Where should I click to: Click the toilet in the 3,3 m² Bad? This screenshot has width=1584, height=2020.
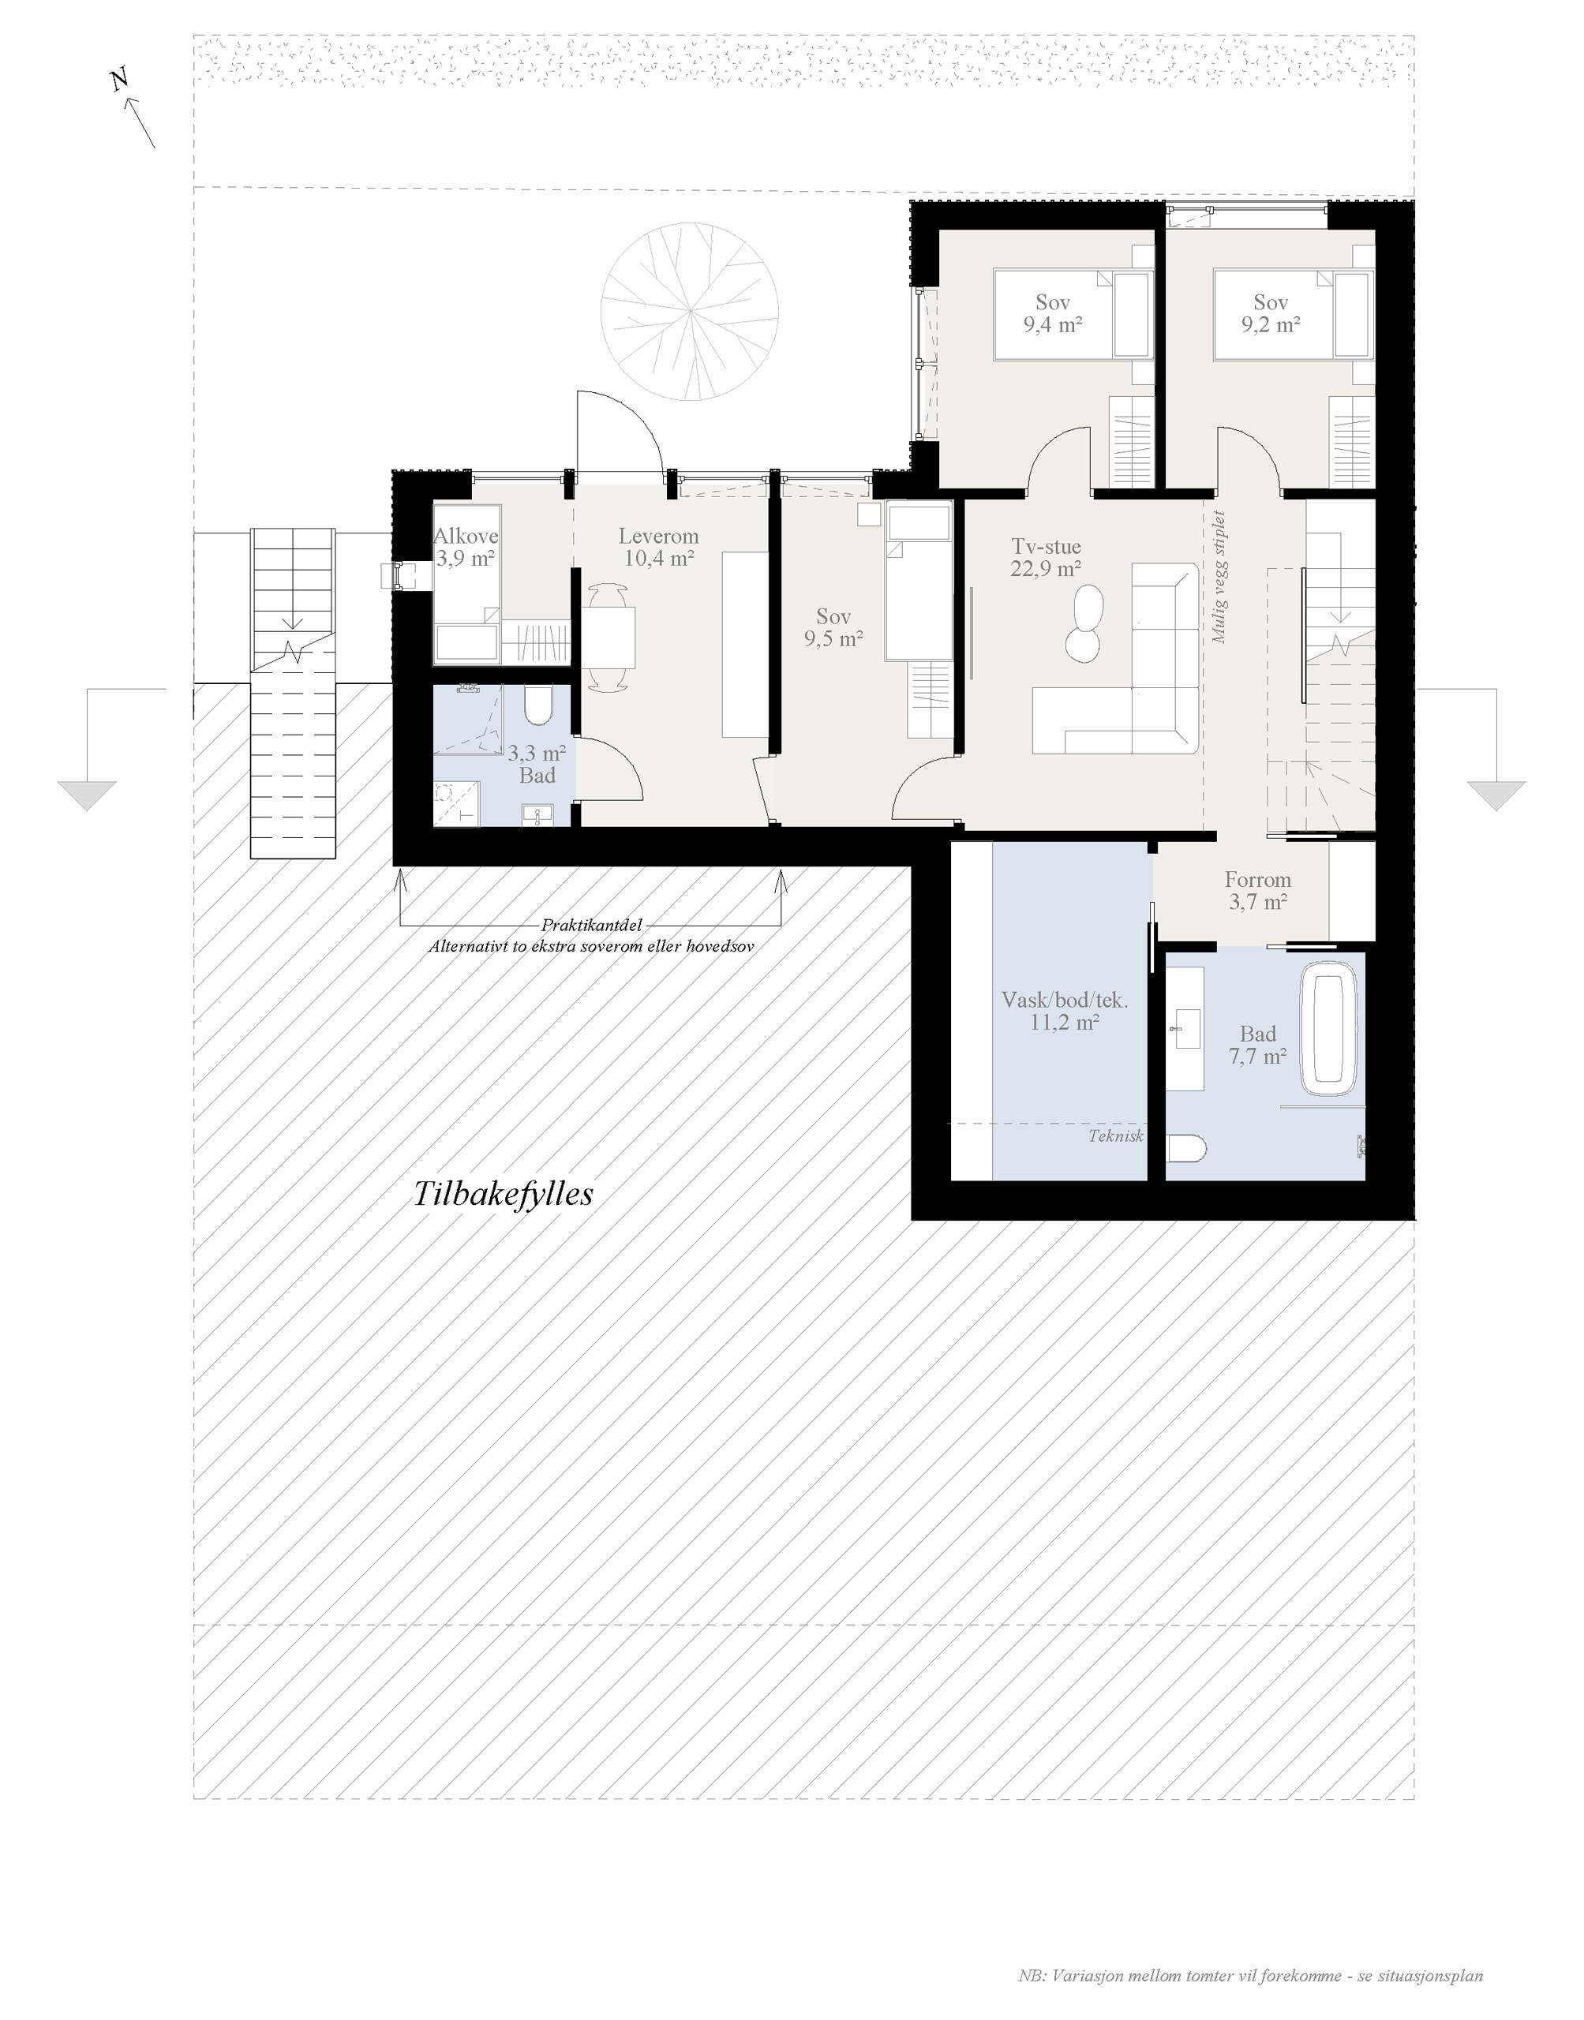tap(538, 705)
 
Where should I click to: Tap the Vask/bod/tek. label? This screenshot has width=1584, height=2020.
tap(1065, 1001)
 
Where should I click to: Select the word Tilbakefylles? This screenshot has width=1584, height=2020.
tap(503, 1194)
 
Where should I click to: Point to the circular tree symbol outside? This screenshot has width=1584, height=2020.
tap(690, 312)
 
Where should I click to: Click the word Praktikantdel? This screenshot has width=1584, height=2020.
tap(592, 926)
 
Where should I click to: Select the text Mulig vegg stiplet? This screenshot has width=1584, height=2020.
tap(1219, 577)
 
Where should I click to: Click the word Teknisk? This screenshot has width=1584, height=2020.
tap(1117, 1135)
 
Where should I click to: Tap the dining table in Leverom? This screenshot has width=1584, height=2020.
tap(609, 638)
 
